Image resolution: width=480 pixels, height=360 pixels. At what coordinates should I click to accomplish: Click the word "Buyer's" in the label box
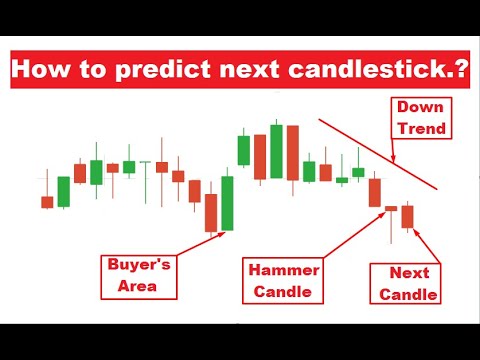pyautogui.click(x=140, y=268)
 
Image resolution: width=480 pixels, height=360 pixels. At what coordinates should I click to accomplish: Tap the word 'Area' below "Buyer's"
pyautogui.click(x=139, y=288)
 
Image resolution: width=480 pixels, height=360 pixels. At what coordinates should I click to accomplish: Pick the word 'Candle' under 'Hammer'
pyautogui.click(x=284, y=293)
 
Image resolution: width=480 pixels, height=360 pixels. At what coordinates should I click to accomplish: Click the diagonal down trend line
pyautogui.click(x=370, y=150)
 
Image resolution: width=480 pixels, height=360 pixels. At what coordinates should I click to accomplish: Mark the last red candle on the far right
pyautogui.click(x=407, y=216)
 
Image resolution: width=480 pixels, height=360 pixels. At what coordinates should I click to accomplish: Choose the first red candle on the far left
pyautogui.click(x=47, y=202)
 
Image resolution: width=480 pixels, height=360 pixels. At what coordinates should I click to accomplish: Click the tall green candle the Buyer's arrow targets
pyautogui.click(x=227, y=203)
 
